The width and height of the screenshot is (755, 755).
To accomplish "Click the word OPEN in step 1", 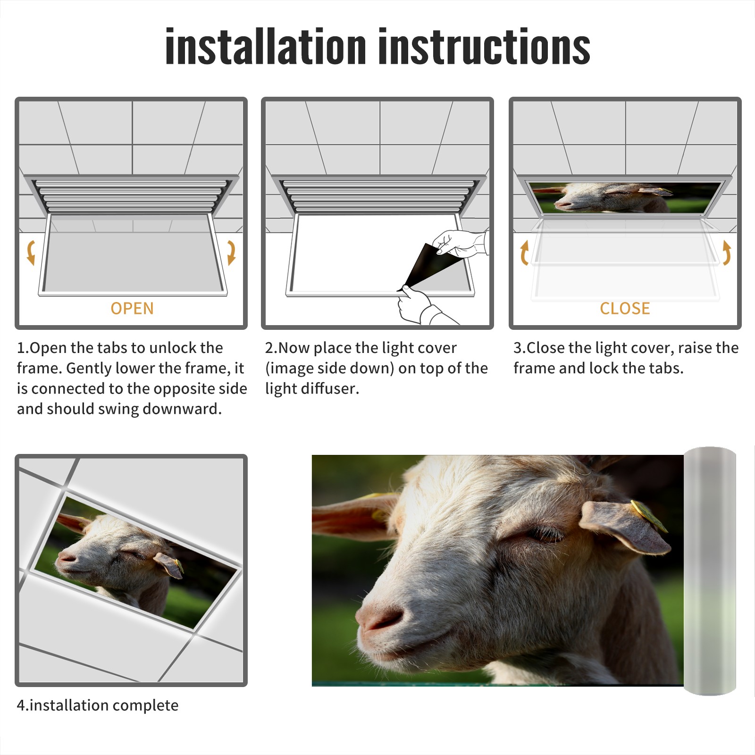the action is coord(132,309).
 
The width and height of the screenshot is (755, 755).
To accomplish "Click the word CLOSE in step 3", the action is coord(625,309).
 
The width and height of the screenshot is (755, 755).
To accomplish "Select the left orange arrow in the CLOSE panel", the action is coord(524,252).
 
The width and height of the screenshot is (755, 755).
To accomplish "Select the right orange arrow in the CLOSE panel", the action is coord(727,252).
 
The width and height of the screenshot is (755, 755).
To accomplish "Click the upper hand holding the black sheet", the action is coord(460,243).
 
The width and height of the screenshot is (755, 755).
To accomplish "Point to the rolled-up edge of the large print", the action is coord(710,571).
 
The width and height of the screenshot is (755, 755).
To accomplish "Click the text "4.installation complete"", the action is coord(98,705).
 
